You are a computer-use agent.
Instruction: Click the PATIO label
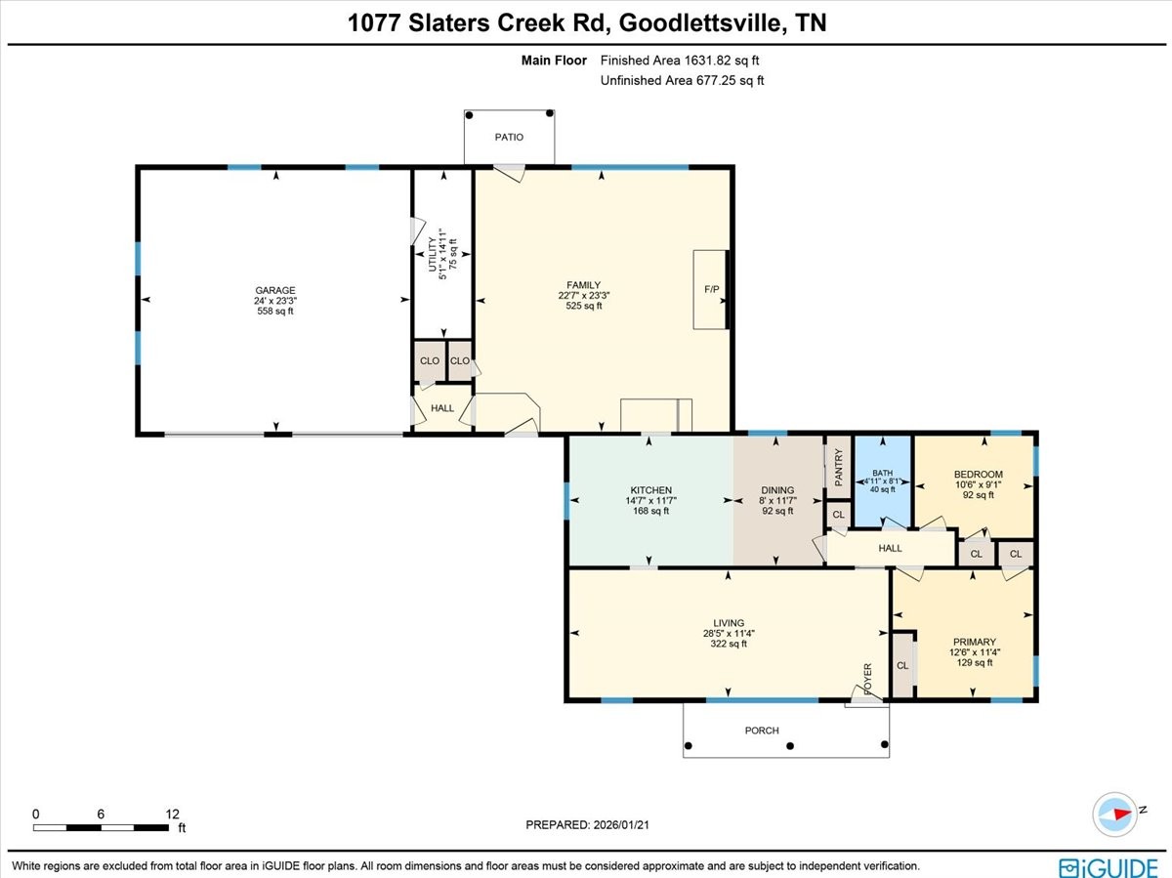509,138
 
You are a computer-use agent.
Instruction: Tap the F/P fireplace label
712,290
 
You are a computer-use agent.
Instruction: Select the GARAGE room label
274,290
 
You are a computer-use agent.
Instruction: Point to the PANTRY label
838,468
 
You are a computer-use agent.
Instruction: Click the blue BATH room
883,482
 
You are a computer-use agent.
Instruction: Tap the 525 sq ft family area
584,306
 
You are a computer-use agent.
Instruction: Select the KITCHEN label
650,490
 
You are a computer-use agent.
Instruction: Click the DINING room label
777,490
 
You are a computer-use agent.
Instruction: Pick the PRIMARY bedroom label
974,642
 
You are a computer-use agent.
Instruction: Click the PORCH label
762,731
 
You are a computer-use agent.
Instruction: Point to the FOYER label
866,676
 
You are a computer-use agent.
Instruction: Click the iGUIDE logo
1109,866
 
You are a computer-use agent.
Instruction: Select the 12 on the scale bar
173,814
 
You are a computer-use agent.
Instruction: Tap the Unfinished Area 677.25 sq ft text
682,81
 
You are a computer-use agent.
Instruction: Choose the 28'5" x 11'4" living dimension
729,633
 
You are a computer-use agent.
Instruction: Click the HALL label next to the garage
442,408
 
